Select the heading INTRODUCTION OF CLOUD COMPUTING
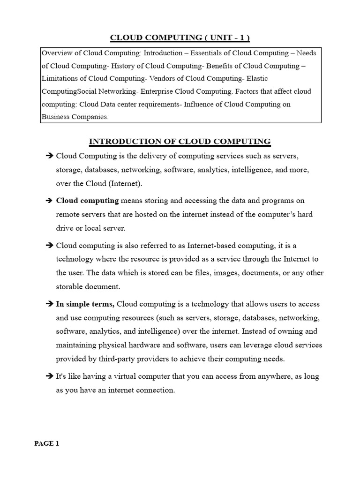180,141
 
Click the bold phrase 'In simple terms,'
85,304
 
